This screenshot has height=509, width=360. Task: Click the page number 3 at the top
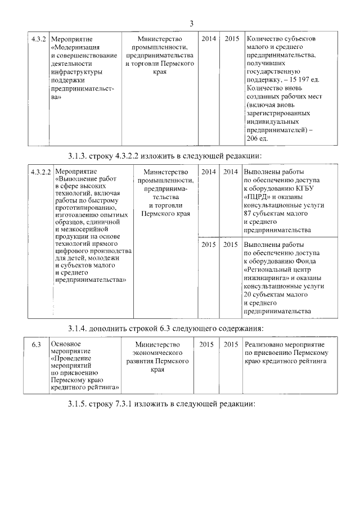click(x=191, y=23)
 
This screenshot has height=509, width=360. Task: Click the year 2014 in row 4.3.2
click(x=209, y=39)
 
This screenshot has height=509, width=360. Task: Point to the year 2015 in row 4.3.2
click(x=232, y=39)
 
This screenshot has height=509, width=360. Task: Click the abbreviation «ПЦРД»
click(x=259, y=197)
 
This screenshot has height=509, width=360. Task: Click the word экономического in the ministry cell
click(x=157, y=353)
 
